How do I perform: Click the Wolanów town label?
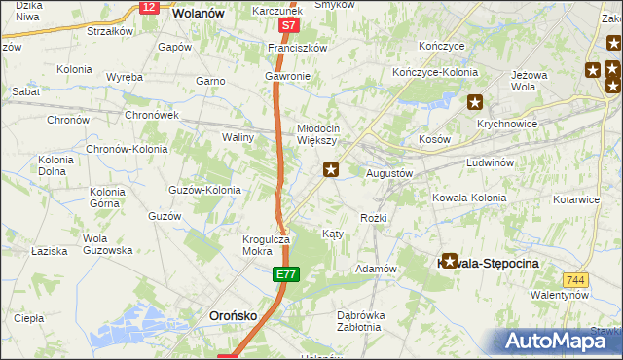point(199,14)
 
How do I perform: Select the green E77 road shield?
point(284,277)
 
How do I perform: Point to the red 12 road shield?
point(148,7)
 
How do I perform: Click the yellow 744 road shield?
point(575,280)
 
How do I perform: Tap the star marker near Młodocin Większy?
point(331,170)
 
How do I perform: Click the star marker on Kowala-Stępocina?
point(449,261)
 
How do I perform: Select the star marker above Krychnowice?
point(475,102)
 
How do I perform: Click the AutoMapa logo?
point(556,341)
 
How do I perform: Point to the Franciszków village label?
point(297,47)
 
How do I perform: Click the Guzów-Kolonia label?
point(204,190)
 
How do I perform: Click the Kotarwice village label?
point(575,199)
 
